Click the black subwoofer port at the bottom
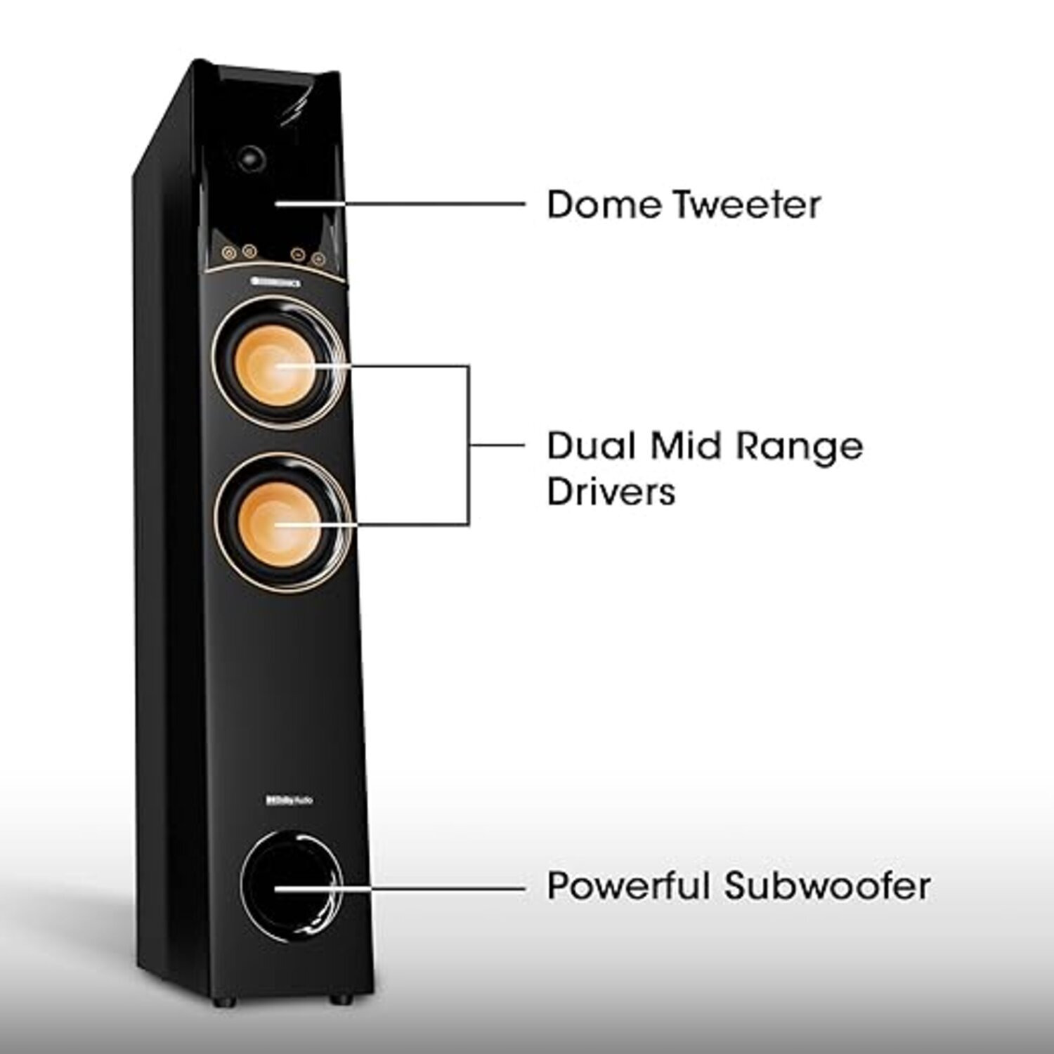tap(289, 887)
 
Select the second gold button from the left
tap(247, 251)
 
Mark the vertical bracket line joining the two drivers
tap(469, 445)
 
